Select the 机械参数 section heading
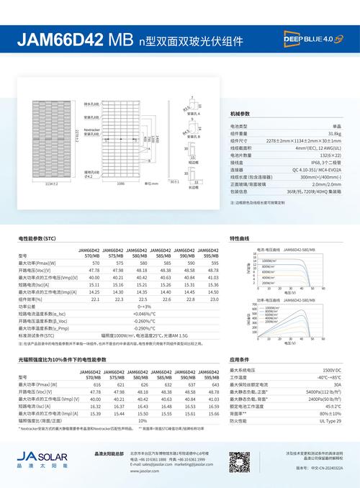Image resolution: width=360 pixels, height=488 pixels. (240, 115)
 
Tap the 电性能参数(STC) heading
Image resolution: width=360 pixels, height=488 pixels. (37, 238)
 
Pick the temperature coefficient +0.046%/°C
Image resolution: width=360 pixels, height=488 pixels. (143, 314)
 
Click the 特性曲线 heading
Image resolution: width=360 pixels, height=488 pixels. (239, 238)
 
